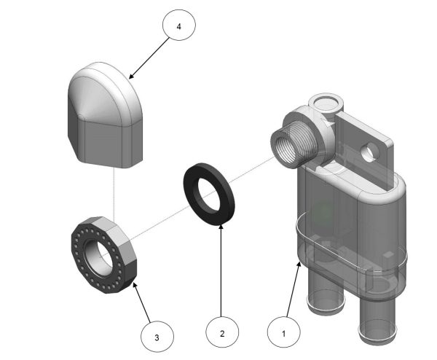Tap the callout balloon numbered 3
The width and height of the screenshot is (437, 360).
coord(158,337)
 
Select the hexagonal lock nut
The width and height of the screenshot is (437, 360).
coord(102,251)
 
